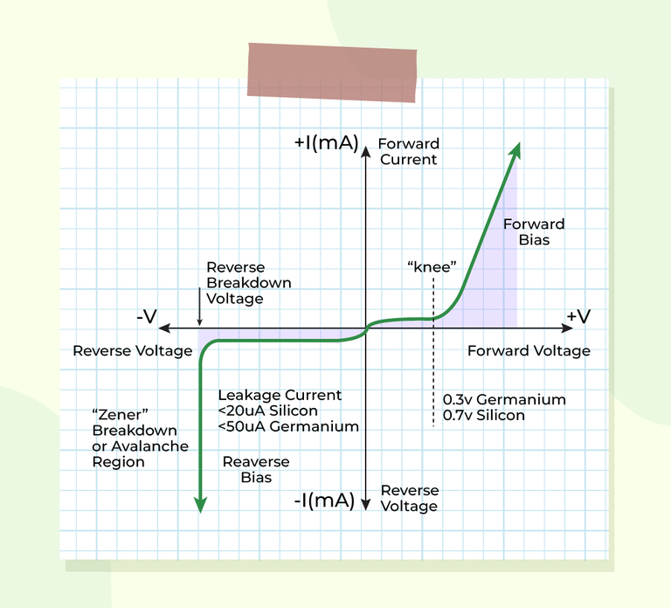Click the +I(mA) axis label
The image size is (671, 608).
[326, 142]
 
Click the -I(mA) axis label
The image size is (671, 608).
[324, 501]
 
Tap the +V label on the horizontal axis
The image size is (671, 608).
[578, 316]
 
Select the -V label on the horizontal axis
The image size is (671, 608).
[147, 317]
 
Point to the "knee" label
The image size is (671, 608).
[432, 267]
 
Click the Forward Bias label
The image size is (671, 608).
[534, 231]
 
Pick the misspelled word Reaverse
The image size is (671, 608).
[256, 461]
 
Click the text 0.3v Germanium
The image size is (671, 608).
[504, 399]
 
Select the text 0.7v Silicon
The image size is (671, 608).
[483, 416]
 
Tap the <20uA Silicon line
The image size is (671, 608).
[268, 411]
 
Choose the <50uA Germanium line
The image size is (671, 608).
[288, 426]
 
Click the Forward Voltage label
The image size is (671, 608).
[529, 351]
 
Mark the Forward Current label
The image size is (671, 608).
[409, 151]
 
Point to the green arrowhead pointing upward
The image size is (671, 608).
[515, 150]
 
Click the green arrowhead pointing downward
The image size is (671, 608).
[200, 505]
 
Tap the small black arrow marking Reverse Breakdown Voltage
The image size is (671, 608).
[199, 307]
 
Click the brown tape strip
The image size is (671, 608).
[332, 73]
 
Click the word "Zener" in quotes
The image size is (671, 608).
[121, 415]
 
